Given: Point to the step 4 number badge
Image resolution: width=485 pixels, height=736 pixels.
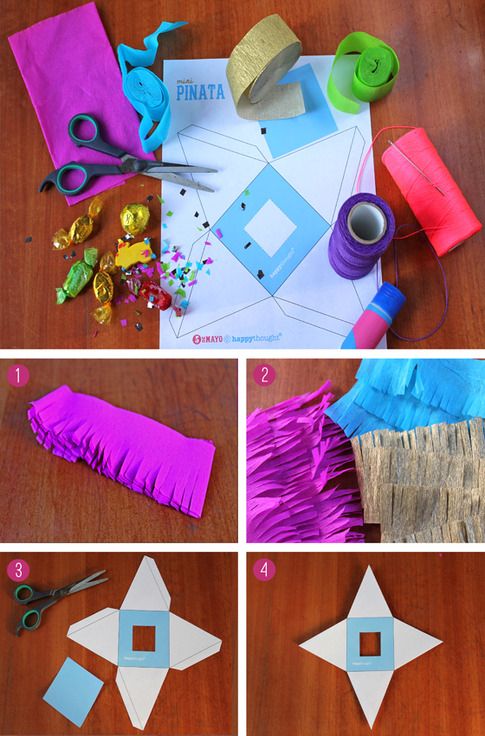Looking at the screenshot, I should coord(264,570).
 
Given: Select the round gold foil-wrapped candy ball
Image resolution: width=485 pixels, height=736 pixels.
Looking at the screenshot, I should coord(136,217).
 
